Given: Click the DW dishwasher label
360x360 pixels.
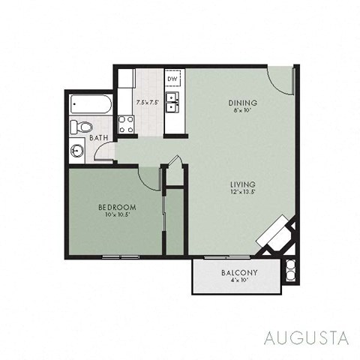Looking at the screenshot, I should (x=172, y=79).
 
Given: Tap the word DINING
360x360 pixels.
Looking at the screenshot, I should (x=243, y=103).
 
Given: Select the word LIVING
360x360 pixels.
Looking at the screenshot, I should (x=244, y=184).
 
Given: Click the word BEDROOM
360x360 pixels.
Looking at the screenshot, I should (x=116, y=207).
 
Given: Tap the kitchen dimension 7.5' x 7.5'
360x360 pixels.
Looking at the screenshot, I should (x=147, y=101).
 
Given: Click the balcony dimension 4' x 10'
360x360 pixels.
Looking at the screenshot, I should (x=239, y=280).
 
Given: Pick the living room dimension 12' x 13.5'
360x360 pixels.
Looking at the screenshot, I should (x=244, y=192).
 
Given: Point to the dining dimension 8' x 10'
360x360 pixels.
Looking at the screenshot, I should (x=243, y=111).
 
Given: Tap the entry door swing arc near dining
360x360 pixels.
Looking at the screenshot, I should (x=280, y=82).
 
